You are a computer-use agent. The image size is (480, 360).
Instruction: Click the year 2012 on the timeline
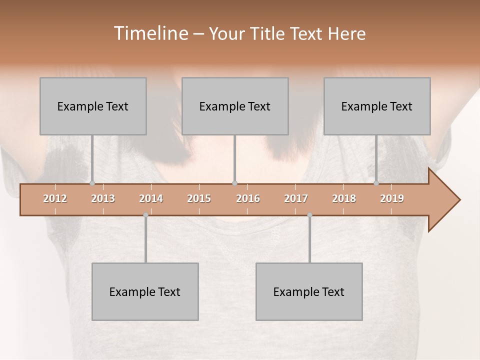tap(55, 198)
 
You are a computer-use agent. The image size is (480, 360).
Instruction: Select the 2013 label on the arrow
tap(103, 198)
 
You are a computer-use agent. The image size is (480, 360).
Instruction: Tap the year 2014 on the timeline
tap(151, 198)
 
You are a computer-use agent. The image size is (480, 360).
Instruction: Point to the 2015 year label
tap(199, 198)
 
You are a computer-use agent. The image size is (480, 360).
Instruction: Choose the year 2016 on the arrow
tap(248, 198)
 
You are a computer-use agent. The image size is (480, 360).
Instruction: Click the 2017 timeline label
tap(296, 198)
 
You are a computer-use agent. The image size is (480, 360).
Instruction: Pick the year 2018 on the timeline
tap(344, 198)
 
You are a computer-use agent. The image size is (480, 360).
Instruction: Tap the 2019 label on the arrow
tap(392, 198)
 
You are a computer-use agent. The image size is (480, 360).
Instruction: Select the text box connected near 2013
tap(93, 106)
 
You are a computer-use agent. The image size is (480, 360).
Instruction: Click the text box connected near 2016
tap(235, 106)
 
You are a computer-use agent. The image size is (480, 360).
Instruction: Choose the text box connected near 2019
tap(377, 106)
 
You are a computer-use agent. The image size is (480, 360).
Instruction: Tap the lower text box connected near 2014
tap(145, 291)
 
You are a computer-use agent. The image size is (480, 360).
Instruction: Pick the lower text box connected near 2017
tap(309, 291)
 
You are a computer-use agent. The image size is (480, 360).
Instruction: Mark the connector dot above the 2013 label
tap(92, 183)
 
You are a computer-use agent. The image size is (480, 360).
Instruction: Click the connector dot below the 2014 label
tap(145, 215)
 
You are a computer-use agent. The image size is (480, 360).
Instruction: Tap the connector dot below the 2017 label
tap(309, 215)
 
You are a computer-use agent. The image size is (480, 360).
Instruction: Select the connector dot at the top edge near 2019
tap(376, 183)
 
